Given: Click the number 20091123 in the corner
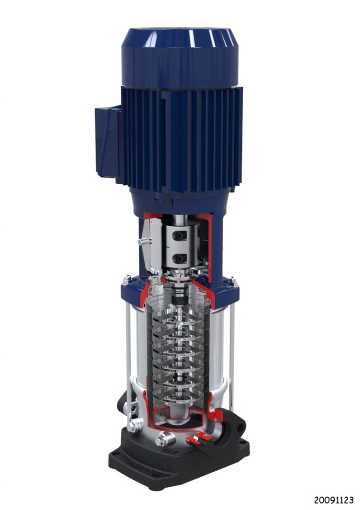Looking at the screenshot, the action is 333,500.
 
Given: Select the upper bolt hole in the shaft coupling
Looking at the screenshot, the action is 179,236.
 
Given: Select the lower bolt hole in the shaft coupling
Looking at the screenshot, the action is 179,258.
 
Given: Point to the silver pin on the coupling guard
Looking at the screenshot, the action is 143,242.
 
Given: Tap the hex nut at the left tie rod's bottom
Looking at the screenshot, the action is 132,426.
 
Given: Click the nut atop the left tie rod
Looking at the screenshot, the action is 124,279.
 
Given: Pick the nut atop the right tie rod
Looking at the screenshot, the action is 233,282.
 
